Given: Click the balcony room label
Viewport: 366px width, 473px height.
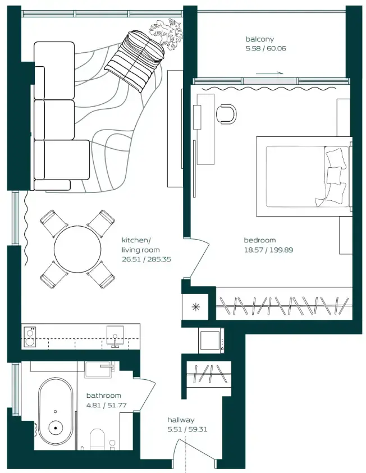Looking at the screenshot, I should (259, 39).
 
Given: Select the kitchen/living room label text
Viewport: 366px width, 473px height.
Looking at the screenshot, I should (140, 245).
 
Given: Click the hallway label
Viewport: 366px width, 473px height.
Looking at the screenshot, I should (181, 420).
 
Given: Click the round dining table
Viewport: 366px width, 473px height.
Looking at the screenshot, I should (77, 249).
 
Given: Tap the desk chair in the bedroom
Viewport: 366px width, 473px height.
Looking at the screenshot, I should (226, 113).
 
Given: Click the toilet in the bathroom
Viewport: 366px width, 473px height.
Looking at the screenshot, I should (98, 440).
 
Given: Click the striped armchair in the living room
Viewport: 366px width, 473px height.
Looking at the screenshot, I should (136, 59).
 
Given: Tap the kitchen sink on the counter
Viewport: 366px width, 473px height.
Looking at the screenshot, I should (115, 335).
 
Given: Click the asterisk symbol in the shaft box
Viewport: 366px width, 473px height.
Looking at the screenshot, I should (195, 306).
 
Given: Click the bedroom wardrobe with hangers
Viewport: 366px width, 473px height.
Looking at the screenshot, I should (284, 305).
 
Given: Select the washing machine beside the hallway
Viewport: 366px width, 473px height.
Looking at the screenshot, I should (211, 341).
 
